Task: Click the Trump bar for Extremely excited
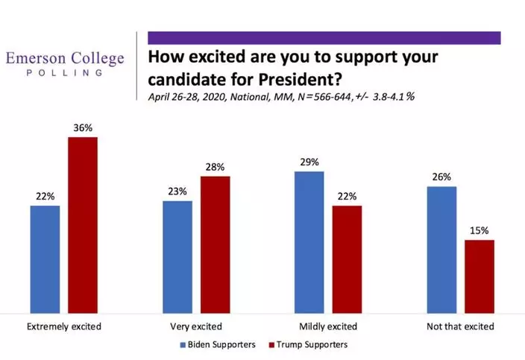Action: (x=83, y=225)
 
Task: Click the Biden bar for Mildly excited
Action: (x=309, y=242)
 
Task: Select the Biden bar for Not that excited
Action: (x=441, y=250)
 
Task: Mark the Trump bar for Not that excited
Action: (x=480, y=276)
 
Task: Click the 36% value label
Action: (x=83, y=127)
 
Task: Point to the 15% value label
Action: (x=480, y=230)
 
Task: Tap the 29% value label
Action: (x=309, y=162)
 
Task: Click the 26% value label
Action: (x=441, y=177)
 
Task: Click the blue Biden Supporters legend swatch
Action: (x=183, y=345)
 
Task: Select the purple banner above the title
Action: (x=324, y=37)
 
